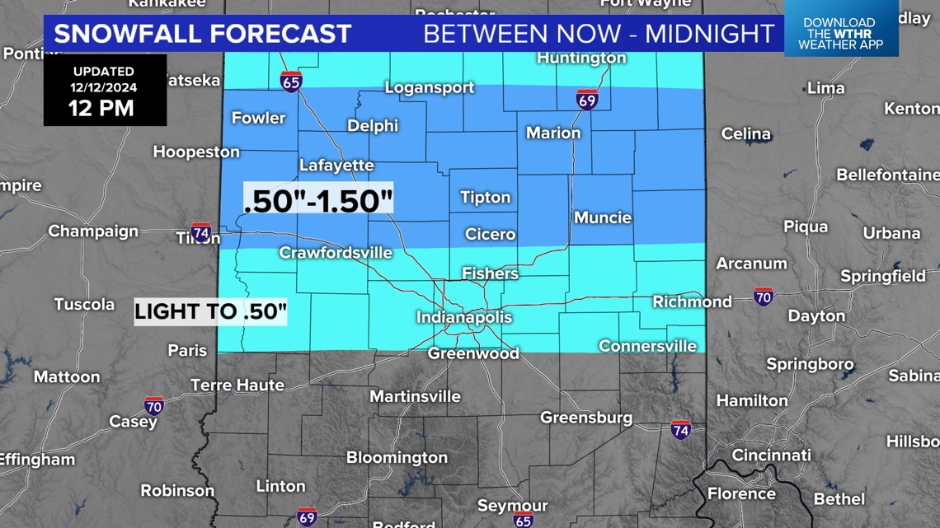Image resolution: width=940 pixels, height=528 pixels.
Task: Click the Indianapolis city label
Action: pyautogui.click(x=464, y=318)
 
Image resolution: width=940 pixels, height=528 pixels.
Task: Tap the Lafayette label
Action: pyautogui.click(x=336, y=165)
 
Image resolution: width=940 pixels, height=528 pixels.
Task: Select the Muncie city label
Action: pyautogui.click(x=603, y=217)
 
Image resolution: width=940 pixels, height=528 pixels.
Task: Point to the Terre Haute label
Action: pyautogui.click(x=237, y=385)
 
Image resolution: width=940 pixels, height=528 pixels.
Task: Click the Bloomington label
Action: pyautogui.click(x=397, y=457)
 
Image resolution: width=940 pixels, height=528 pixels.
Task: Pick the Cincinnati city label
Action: pyautogui.click(x=771, y=455)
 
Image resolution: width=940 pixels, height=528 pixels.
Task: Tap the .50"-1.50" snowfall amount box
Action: pyautogui.click(x=318, y=200)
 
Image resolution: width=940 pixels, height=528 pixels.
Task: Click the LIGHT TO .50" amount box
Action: pyautogui.click(x=210, y=312)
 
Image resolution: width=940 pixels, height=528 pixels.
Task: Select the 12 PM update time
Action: pyautogui.click(x=102, y=108)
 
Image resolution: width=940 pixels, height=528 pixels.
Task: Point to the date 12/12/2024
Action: pyautogui.click(x=103, y=87)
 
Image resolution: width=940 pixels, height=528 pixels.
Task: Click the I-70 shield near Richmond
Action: pyautogui.click(x=764, y=296)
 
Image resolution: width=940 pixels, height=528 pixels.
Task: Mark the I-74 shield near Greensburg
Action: pyautogui.click(x=680, y=429)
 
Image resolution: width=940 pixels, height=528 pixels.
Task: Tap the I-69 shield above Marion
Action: pyautogui.click(x=587, y=100)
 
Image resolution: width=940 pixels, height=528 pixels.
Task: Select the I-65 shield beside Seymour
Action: pyautogui.click(x=524, y=520)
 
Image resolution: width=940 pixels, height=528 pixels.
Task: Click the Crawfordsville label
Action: pyautogui.click(x=336, y=253)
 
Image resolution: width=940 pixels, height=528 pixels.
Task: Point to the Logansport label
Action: pyautogui.click(x=430, y=87)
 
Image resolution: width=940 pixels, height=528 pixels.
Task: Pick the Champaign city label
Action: pyautogui.click(x=93, y=231)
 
